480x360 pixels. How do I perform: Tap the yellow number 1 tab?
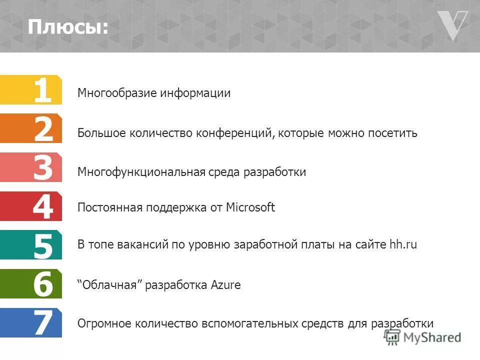pos(31,90)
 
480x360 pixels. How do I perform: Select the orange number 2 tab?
pos(31,129)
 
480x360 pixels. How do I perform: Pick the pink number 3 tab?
pos(31,167)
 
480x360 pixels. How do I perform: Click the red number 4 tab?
pos(31,206)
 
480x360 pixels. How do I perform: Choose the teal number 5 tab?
pos(31,245)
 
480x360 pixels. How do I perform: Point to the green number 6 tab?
pos(31,284)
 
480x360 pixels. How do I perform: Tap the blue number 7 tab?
pos(31,323)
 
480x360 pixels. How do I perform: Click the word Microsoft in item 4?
pos(250,207)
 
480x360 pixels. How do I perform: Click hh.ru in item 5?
pos(403,244)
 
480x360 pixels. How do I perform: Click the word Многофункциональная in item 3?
pos(141,172)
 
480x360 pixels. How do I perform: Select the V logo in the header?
pos(452,25)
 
